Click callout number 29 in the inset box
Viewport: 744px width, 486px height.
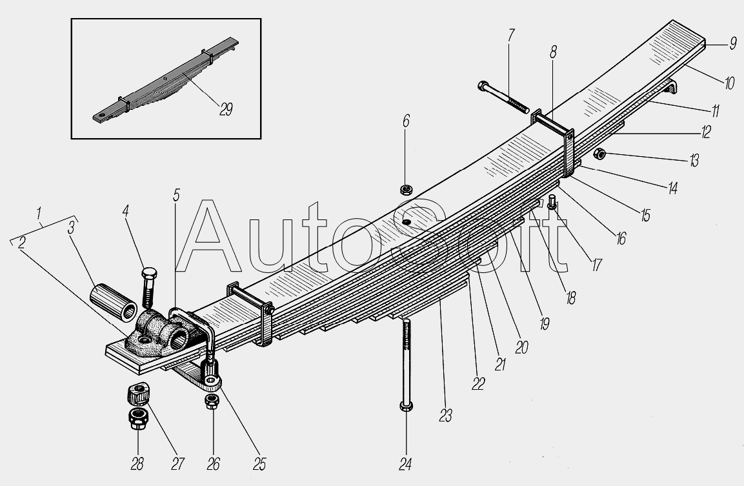(226, 110)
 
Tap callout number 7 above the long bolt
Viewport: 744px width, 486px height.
(510, 35)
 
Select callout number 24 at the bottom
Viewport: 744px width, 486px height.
(405, 464)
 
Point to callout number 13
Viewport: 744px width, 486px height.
(694, 161)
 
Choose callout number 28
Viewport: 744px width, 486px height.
(137, 463)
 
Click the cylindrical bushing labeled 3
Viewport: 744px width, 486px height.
(114, 301)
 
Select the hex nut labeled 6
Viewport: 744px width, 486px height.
(406, 190)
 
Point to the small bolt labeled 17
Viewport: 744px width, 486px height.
(552, 203)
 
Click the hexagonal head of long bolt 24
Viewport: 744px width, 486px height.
(406, 406)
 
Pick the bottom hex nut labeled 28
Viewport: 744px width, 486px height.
(138, 418)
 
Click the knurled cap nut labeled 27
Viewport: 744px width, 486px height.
(139, 394)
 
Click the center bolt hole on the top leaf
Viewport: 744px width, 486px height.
(406, 222)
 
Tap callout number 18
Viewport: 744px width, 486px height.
(570, 298)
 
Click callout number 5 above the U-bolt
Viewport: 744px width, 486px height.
(177, 195)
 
